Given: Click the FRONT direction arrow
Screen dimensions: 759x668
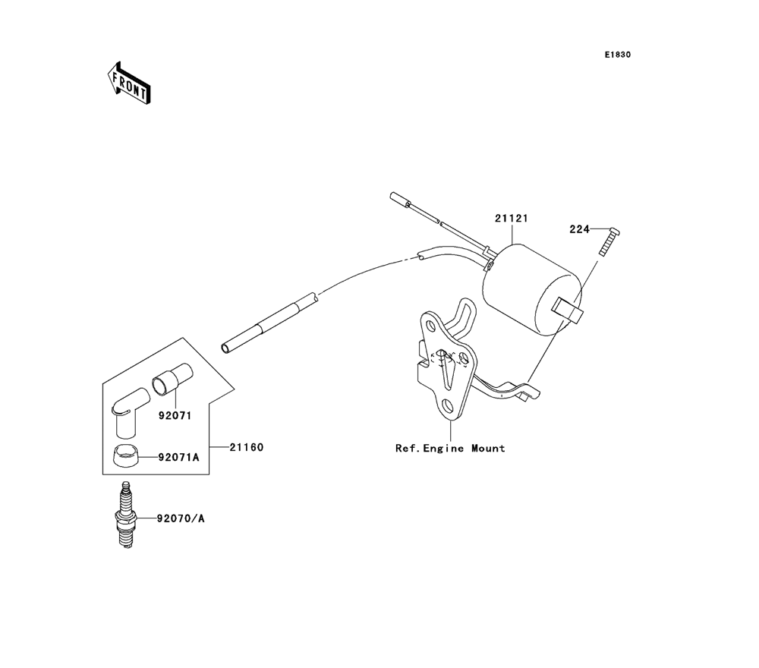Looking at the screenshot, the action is point(129,83).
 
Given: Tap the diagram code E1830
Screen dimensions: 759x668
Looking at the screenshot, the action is point(617,55).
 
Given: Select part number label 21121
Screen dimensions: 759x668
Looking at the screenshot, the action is point(511,219).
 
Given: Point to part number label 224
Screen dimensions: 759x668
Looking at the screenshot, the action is point(579,229).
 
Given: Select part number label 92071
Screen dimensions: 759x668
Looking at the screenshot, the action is point(175,415).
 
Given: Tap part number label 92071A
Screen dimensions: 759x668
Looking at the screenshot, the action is point(178,457).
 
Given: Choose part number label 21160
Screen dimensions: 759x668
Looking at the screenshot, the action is point(247,447).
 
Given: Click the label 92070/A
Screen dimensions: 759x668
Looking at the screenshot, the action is point(181,518).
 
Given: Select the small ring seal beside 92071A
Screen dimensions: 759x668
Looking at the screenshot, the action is point(126,455).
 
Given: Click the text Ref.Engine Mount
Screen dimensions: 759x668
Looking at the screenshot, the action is point(450,448).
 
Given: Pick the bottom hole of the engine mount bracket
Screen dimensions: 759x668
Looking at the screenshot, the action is point(447,405).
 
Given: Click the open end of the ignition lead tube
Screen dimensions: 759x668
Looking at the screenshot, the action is point(225,348).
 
